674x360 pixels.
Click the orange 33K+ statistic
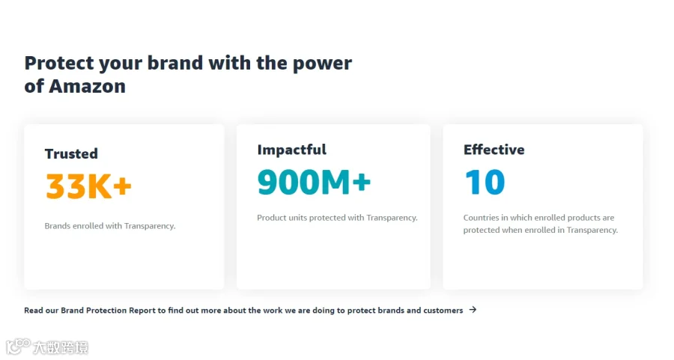coord(88,186)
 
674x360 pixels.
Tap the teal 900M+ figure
coord(314,182)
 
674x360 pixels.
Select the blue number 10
coord(485,182)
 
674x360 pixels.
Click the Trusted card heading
coord(71,153)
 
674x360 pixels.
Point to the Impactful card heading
coord(292,150)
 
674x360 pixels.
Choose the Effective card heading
coord(494,150)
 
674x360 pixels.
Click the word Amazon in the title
coord(88,86)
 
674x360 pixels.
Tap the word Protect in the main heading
coord(59,63)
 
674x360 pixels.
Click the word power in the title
coord(322,64)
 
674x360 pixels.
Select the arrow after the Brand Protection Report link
coord(473,310)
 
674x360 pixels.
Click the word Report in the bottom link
coord(142,311)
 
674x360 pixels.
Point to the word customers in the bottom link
coord(443,310)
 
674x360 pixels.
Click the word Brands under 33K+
coord(57,226)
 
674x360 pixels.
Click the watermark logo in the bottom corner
coord(47,347)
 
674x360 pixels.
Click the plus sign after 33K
coord(123,187)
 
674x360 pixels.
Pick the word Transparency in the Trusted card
coord(150,226)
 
